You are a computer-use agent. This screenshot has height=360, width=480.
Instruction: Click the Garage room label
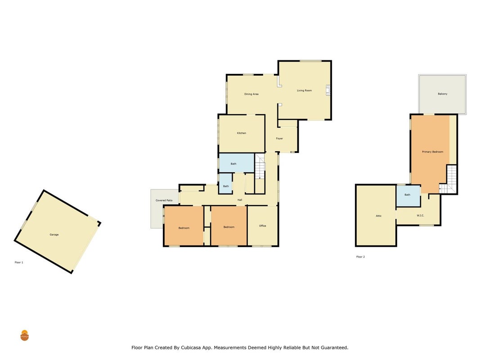pos(54,234)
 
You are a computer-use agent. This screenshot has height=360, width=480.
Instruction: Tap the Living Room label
pos(304,90)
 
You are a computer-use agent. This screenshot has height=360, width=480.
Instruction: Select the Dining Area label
pos(251,94)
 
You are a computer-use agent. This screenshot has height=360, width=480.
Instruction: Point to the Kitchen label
pos(242,133)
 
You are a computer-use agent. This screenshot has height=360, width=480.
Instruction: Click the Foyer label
pos(279,138)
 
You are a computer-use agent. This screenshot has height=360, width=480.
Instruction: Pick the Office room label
pos(263,225)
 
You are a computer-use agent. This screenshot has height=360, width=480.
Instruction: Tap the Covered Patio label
pos(164,200)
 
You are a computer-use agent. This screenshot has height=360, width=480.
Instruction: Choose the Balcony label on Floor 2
pos(442,94)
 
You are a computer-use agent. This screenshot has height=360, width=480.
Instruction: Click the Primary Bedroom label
pos(433,152)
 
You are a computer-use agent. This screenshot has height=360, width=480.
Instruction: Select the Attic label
pos(379,216)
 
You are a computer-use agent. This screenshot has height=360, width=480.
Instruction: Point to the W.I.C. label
pos(420,216)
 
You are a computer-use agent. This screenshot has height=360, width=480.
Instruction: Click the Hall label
pos(240,200)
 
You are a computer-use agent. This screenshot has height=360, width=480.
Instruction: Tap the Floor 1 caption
pos(19,262)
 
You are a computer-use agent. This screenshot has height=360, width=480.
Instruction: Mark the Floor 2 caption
pos(360,257)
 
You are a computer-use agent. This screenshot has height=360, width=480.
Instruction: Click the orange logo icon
pos(24,336)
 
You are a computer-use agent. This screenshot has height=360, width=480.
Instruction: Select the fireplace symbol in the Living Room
pos(328,90)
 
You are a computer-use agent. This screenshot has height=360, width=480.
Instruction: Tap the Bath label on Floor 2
pos(407,195)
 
